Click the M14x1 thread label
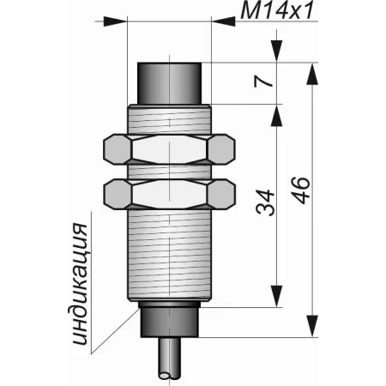click(277, 10)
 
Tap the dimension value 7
click(263, 81)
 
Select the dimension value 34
click(265, 202)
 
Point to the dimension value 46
click(300, 190)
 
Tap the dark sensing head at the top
click(170, 83)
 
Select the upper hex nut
click(169, 149)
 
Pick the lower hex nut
click(169, 194)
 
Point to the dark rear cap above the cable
click(170, 319)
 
